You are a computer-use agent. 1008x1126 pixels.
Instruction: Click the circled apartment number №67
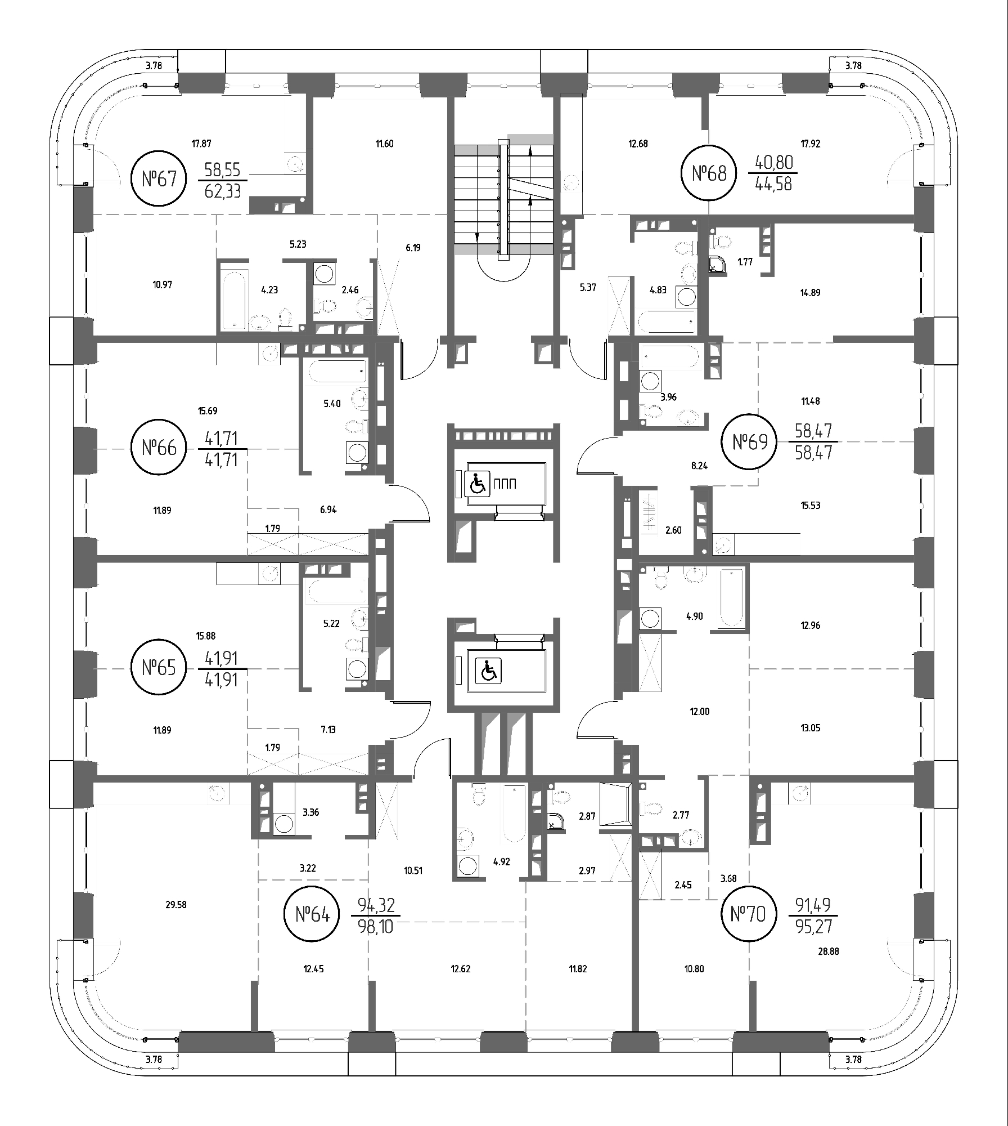click(x=159, y=179)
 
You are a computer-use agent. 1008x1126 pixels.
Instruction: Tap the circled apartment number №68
click(x=708, y=173)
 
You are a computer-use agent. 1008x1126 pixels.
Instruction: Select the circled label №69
click(x=750, y=442)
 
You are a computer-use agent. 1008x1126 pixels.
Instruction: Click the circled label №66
click(x=159, y=448)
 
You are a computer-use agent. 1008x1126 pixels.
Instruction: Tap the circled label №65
click(x=159, y=668)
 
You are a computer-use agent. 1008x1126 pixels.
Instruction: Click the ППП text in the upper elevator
click(x=505, y=484)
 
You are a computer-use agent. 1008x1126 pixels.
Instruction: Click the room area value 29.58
click(x=176, y=905)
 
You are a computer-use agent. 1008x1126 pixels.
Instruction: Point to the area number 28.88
click(x=829, y=951)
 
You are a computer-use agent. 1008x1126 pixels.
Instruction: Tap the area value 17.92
click(x=810, y=144)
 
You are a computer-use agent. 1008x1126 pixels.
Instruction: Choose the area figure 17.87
click(x=201, y=144)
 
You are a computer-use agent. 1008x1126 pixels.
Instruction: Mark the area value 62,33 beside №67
click(x=223, y=191)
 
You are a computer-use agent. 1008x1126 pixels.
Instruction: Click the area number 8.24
click(x=699, y=466)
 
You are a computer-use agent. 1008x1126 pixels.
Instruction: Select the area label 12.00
click(x=700, y=712)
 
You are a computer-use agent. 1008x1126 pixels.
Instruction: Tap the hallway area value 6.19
click(x=413, y=247)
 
